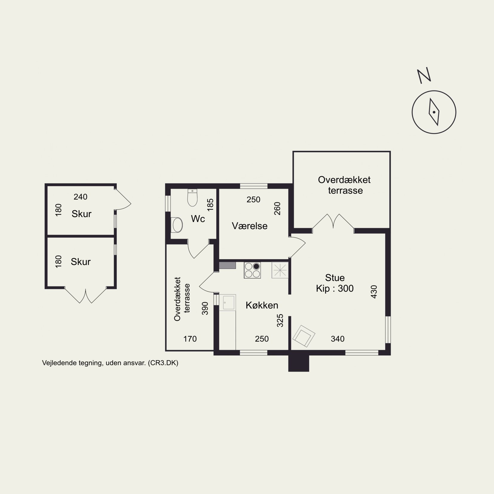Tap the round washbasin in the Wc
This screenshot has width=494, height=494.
(x=178, y=225)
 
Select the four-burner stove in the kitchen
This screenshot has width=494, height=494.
(x=252, y=270)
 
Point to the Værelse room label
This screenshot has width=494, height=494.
(x=250, y=226)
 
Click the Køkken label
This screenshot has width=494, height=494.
(x=262, y=305)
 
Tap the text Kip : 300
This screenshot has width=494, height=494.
(x=335, y=289)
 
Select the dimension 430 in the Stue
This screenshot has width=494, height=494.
(x=374, y=292)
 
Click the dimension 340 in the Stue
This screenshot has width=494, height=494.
(x=338, y=339)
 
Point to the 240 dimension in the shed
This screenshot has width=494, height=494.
(x=81, y=197)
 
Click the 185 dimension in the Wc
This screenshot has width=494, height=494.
(x=210, y=205)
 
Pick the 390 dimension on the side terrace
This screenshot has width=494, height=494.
(x=205, y=308)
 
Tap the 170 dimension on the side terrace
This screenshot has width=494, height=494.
(x=190, y=339)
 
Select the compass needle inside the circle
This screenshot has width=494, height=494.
(x=434, y=112)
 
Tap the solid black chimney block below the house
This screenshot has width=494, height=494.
(x=299, y=363)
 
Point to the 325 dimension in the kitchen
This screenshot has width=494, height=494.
(x=280, y=321)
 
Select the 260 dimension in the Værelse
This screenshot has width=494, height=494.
(x=277, y=209)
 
